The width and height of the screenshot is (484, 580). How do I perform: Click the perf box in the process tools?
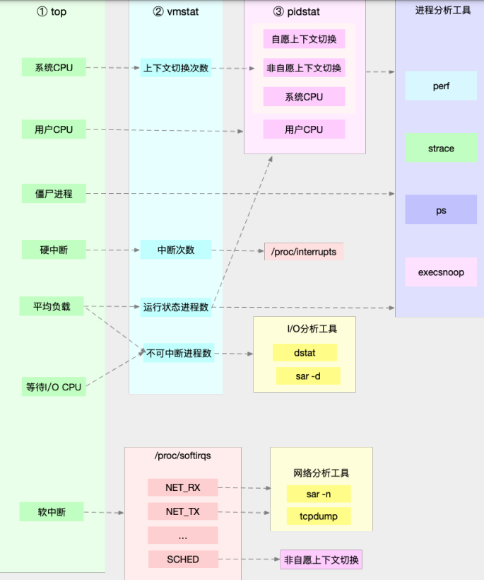click(x=441, y=86)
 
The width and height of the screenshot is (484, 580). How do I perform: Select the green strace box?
click(x=441, y=149)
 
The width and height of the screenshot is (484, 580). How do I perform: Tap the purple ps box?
click(x=441, y=210)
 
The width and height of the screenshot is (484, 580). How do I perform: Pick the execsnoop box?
click(x=441, y=272)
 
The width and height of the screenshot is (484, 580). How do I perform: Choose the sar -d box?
click(x=307, y=376)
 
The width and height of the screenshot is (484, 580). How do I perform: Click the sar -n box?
click(x=313, y=494)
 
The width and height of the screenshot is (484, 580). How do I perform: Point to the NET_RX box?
click(x=183, y=487)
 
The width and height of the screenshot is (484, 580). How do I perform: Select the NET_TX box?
click(x=183, y=511)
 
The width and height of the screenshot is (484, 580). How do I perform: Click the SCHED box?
click(x=183, y=559)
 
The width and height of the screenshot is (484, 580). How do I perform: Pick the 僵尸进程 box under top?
click(x=54, y=193)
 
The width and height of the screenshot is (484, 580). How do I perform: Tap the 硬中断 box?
click(x=54, y=250)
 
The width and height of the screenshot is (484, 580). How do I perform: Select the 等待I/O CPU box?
click(x=54, y=387)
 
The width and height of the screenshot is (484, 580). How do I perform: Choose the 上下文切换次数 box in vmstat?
click(x=176, y=68)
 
